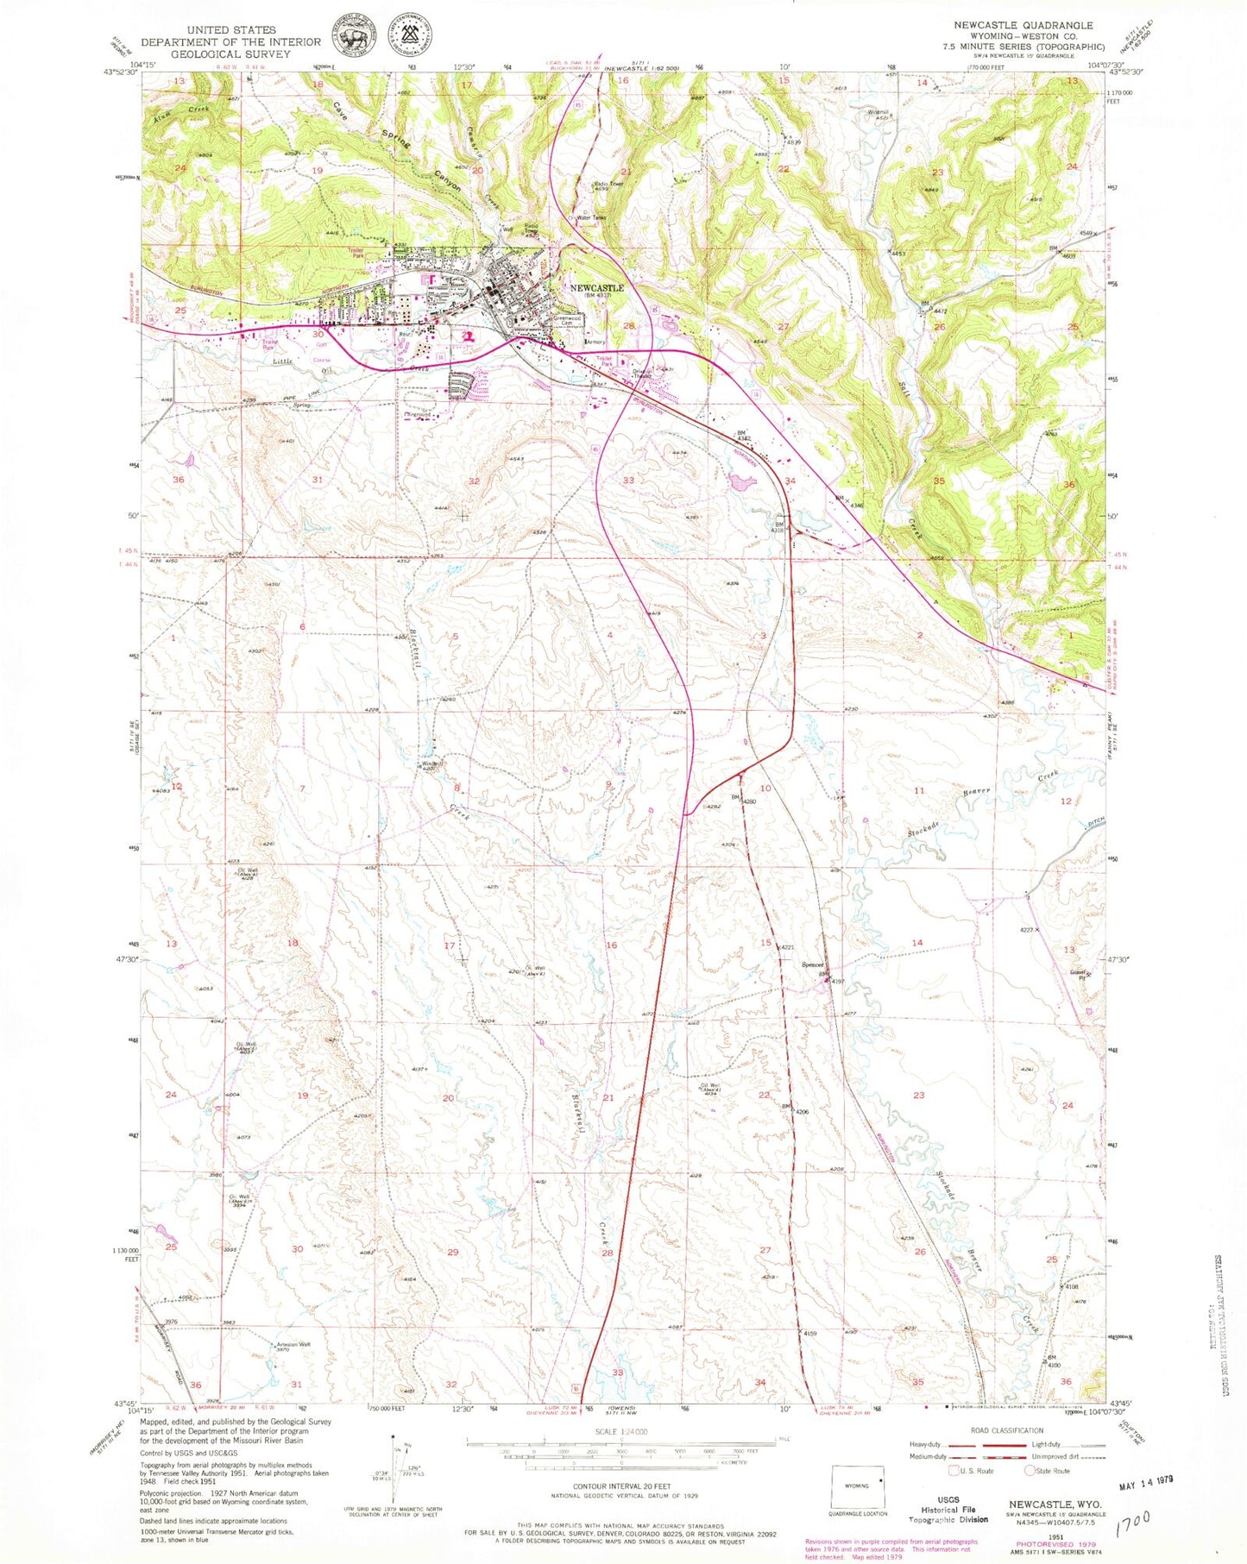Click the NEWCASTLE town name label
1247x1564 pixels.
pyautogui.click(x=596, y=287)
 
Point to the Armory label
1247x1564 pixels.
pyautogui.click(x=595, y=342)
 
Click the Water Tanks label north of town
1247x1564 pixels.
pyautogui.click(x=591, y=217)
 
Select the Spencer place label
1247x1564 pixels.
pyautogui.click(x=813, y=964)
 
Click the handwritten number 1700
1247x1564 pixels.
pyautogui.click(x=1137, y=1528)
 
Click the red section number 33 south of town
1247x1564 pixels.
pyautogui.click(x=629, y=480)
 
